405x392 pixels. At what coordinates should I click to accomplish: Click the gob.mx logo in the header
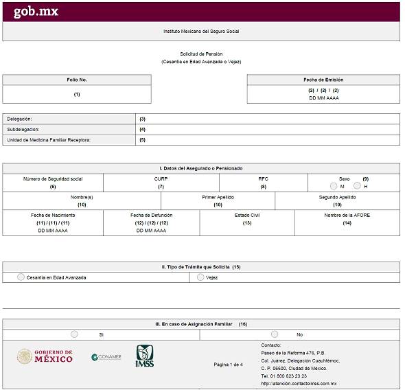coord(35,12)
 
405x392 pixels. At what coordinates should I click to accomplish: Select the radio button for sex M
coord(333,186)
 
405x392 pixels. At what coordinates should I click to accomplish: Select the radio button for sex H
coord(357,186)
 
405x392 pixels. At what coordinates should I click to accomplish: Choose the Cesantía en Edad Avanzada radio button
coord(21,277)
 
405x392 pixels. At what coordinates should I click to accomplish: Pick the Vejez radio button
coord(200,277)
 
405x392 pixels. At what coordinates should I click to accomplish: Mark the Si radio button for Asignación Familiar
coord(74,334)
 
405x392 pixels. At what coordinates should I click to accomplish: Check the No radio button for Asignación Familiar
coord(275,334)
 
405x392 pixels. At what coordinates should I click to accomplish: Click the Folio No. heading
coord(77,80)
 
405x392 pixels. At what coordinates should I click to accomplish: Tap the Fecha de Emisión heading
coord(323,80)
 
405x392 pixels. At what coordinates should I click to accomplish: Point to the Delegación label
coord(19,119)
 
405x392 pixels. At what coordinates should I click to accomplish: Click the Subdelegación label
coord(23,129)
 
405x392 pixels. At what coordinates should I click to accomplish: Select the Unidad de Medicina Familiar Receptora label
coord(49,140)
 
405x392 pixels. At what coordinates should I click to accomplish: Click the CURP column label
coord(161,178)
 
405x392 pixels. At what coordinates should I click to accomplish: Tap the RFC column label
coord(263,178)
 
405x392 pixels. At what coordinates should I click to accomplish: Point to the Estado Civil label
coord(247,215)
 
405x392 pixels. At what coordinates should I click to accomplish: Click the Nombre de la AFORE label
coord(347,215)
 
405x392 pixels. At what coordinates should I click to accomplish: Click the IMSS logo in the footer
coord(145,356)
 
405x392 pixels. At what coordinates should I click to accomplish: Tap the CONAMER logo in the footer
coord(106,357)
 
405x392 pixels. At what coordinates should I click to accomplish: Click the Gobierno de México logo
coord(45,357)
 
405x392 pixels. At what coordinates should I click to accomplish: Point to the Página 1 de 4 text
coord(229,365)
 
